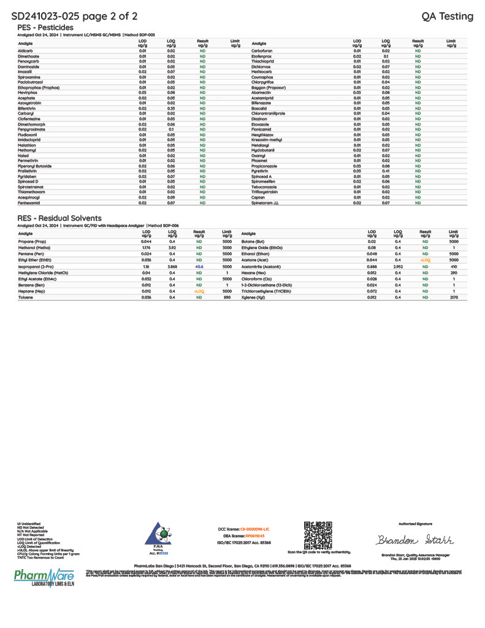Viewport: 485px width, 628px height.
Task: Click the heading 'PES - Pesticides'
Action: [x=45, y=28]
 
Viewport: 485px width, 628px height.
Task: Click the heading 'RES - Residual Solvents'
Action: [x=59, y=218]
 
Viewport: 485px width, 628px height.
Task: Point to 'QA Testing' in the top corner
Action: [x=448, y=16]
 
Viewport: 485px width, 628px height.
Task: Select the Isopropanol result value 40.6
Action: [x=199, y=267]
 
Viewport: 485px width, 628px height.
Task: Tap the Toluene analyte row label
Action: [x=26, y=297]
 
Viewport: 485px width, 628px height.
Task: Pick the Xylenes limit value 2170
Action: [x=454, y=297]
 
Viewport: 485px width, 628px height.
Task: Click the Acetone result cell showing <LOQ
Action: [x=424, y=261]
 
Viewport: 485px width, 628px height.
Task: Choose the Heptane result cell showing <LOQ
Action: [x=199, y=291]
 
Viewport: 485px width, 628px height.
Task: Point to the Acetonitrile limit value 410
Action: [x=454, y=267]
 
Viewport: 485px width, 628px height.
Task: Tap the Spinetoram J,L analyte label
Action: [x=266, y=202]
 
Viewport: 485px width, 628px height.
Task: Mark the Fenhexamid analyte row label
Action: [x=28, y=202]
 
